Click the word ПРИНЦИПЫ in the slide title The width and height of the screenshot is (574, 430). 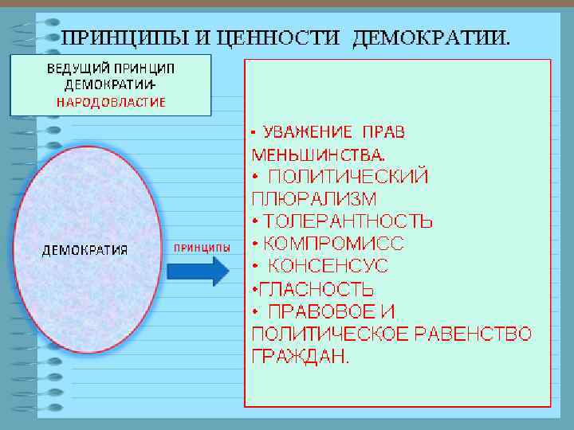(112, 38)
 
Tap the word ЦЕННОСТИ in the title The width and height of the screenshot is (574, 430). (263, 38)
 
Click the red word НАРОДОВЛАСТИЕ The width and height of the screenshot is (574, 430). (111, 102)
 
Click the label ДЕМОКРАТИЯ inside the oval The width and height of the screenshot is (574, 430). (85, 250)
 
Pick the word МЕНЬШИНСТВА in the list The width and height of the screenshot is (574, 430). (316, 153)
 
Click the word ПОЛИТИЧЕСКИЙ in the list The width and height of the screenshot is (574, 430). (348, 176)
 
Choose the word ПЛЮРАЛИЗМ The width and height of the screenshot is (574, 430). (314, 197)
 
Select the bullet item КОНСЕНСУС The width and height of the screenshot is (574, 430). (328, 265)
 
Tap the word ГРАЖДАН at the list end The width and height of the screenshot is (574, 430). (298, 356)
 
